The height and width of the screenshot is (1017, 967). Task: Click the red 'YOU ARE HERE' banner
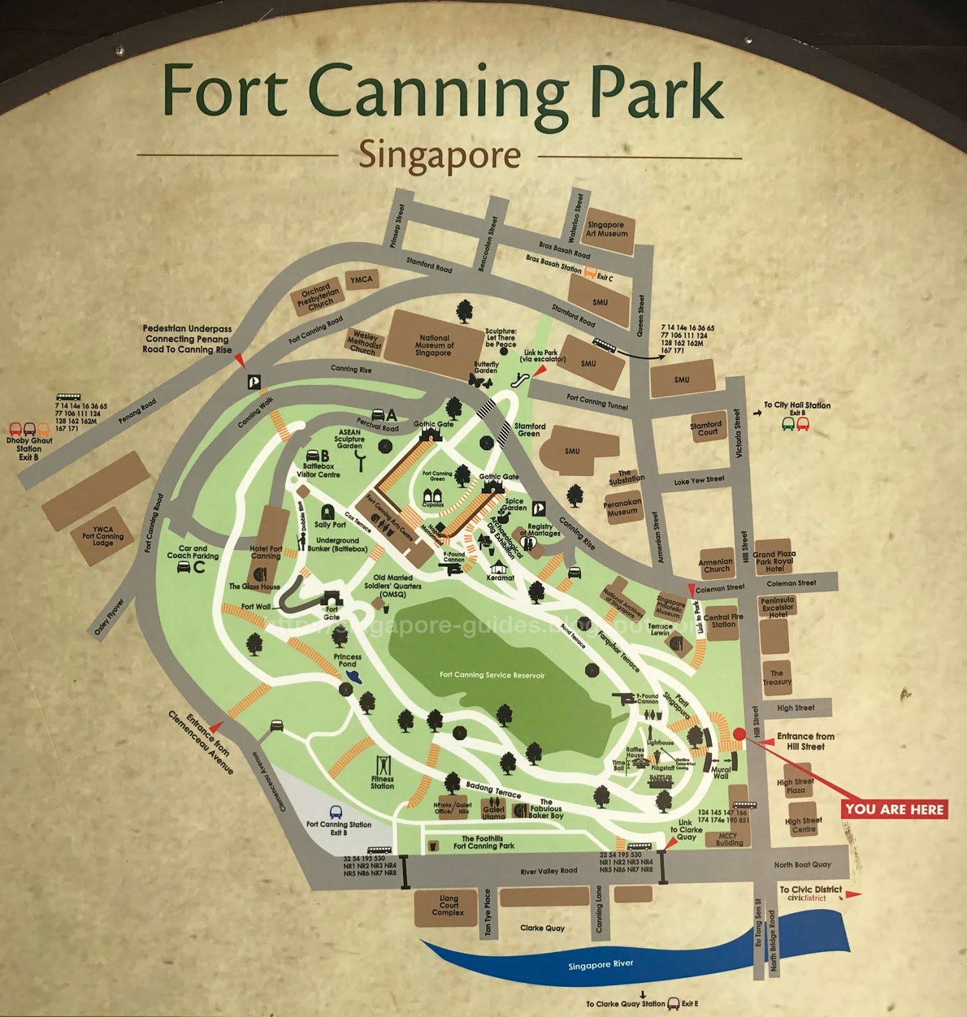(895, 809)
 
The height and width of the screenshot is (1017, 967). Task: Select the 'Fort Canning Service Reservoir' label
(492, 675)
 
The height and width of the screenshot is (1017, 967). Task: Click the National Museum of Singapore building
(434, 345)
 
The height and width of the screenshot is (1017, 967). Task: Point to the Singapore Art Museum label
(607, 229)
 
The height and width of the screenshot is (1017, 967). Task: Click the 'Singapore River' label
(600, 964)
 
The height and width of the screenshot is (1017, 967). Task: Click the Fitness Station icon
(383, 765)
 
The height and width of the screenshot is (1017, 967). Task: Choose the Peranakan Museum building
(622, 507)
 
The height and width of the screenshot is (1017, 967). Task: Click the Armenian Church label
(717, 565)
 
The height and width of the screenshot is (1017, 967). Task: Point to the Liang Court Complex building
(448, 906)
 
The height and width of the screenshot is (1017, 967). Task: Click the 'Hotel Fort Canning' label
(266, 552)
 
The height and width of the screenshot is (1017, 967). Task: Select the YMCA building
(361, 280)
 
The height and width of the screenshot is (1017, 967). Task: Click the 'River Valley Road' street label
(549, 871)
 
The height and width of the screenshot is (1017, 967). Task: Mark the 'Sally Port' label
(330, 524)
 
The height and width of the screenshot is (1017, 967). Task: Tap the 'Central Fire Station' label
(723, 620)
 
